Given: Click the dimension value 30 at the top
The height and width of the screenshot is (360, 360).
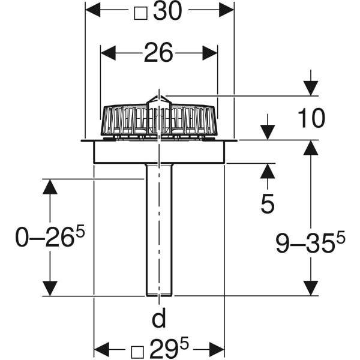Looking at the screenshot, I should [167, 11].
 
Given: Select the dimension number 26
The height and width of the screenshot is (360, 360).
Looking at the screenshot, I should [158, 53].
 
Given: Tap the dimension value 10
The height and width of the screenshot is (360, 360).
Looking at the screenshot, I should [311, 119].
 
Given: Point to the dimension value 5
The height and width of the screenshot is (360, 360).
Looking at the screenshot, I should [268, 205].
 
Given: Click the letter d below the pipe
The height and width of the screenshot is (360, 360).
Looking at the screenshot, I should [158, 319].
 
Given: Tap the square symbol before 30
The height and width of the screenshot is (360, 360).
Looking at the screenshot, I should [140, 11].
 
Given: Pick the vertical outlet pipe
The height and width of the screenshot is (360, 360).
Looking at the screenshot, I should [159, 234].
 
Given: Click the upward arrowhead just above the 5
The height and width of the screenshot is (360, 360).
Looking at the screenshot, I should [268, 170].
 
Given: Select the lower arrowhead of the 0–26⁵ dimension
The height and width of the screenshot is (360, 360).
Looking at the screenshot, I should [50, 289].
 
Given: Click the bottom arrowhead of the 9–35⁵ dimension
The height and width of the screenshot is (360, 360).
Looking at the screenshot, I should [310, 288].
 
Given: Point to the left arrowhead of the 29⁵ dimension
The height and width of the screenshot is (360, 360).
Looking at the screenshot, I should [101, 348].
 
